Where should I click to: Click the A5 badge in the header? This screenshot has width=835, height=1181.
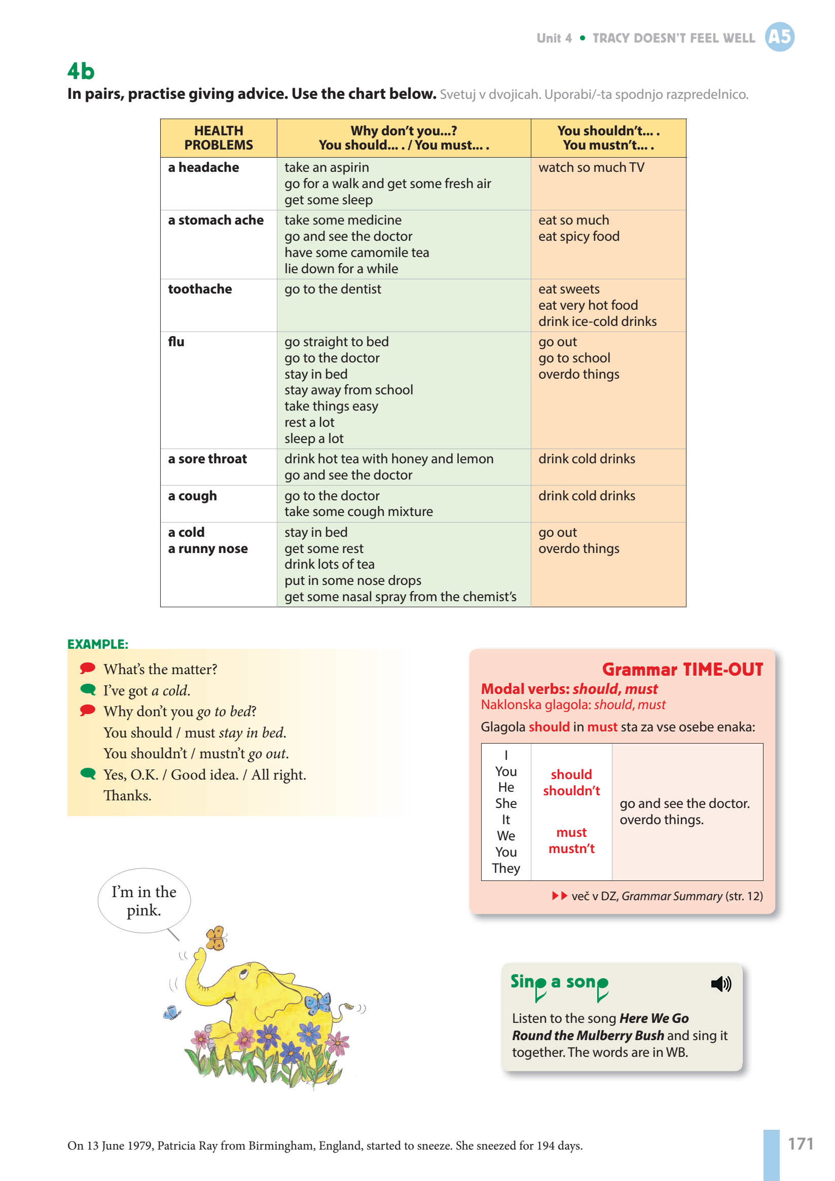pyautogui.click(x=779, y=37)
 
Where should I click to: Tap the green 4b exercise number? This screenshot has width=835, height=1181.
pyautogui.click(x=81, y=71)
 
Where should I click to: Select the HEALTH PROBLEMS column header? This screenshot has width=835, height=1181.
pyautogui.click(x=218, y=138)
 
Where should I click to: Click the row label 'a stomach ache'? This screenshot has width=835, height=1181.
pyautogui.click(x=215, y=220)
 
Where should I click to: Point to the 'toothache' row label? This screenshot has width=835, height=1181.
pyautogui.click(x=200, y=289)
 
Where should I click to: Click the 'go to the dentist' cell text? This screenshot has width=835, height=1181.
pyautogui.click(x=333, y=289)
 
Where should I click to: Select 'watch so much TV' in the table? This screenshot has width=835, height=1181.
pyautogui.click(x=591, y=168)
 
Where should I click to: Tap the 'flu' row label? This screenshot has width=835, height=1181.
pyautogui.click(x=176, y=342)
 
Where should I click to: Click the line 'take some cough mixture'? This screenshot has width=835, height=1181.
pyautogui.click(x=358, y=512)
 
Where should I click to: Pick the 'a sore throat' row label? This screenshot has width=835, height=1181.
pyautogui.click(x=207, y=459)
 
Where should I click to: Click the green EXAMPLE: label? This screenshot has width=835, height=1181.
pyautogui.click(x=98, y=644)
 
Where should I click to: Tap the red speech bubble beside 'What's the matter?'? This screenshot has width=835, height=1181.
pyautogui.click(x=88, y=668)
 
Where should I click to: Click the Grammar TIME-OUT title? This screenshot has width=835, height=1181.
pyautogui.click(x=682, y=669)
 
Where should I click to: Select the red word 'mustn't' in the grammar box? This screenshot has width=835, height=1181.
pyautogui.click(x=571, y=848)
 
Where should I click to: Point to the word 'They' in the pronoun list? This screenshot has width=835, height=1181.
pyautogui.click(x=506, y=868)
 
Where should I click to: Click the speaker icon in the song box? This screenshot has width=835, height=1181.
pyautogui.click(x=721, y=984)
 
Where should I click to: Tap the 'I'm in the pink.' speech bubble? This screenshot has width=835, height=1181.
pyautogui.click(x=144, y=901)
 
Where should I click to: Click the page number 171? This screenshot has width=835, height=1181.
pyautogui.click(x=801, y=1143)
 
